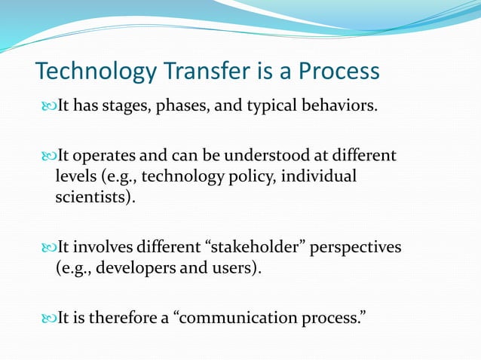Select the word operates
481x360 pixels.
coord(108,156)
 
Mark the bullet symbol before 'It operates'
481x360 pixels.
coord(49,156)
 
